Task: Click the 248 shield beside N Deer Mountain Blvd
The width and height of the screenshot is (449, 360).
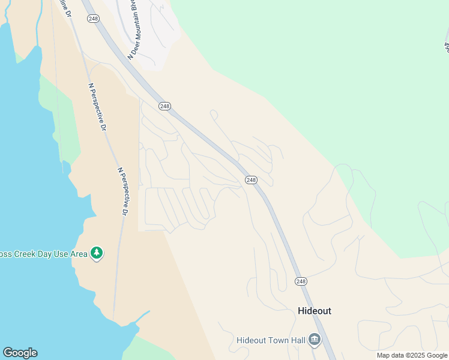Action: click(93, 19)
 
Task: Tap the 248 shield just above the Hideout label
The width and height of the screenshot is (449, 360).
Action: click(301, 281)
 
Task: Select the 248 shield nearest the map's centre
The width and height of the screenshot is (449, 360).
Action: click(251, 180)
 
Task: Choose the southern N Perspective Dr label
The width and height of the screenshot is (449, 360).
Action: click(122, 192)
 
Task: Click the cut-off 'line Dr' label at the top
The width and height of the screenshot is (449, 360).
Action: click(64, 8)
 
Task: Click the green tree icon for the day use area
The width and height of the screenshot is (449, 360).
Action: click(97, 253)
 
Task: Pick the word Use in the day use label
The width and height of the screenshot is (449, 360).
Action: click(62, 254)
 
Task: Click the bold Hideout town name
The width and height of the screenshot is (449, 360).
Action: click(315, 311)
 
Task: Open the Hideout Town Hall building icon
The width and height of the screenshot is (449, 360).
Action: click(315, 340)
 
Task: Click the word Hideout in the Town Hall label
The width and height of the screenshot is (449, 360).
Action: click(251, 340)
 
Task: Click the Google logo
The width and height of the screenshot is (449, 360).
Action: click(20, 352)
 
